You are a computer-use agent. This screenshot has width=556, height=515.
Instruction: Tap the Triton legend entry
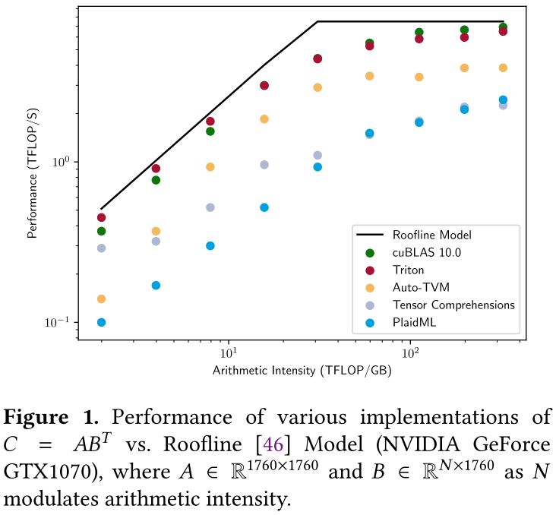pos(408,270)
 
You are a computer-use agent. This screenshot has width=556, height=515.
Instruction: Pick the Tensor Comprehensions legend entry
pos(453,305)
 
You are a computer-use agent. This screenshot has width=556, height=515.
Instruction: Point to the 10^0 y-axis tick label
pos(60,162)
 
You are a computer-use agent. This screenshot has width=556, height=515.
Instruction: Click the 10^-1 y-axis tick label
pos(58,322)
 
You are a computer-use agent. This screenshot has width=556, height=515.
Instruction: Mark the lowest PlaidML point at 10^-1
pos(101,322)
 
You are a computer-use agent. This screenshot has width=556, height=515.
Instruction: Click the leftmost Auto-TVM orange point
pos(101,299)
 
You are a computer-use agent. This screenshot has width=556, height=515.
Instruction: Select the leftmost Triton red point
pos(101,217)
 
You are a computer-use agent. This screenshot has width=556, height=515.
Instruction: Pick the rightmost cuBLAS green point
pos(503,27)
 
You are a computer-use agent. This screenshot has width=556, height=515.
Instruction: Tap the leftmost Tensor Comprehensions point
pos(101,248)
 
